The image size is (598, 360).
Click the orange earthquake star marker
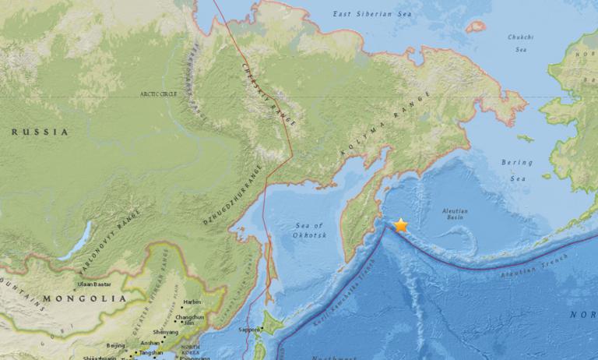[x=401, y=226]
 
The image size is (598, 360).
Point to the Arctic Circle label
[x=160, y=94]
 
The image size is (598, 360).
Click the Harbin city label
[x=192, y=302]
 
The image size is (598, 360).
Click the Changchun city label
[x=192, y=317]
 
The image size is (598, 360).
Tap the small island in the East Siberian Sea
[x=475, y=26]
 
